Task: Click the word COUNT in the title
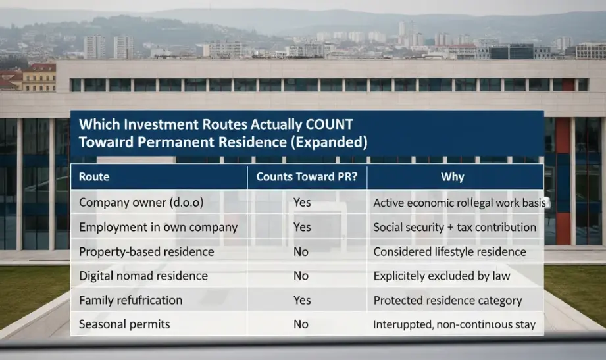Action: click(x=324, y=124)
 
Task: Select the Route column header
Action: click(x=94, y=176)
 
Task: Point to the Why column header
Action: click(x=454, y=176)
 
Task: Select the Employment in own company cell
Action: click(x=158, y=227)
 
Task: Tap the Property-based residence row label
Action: click(x=146, y=251)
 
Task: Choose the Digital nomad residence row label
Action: click(x=143, y=276)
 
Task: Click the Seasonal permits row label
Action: click(x=124, y=324)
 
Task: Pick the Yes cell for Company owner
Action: click(x=302, y=203)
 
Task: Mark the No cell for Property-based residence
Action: click(x=301, y=251)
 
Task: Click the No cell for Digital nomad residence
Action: click(x=301, y=276)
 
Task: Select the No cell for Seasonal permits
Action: click(x=301, y=324)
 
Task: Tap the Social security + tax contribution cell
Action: click(x=455, y=227)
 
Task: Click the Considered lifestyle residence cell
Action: click(x=449, y=251)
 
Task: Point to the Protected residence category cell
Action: click(x=447, y=300)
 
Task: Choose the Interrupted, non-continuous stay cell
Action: click(x=454, y=324)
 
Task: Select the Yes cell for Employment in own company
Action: click(x=302, y=227)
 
